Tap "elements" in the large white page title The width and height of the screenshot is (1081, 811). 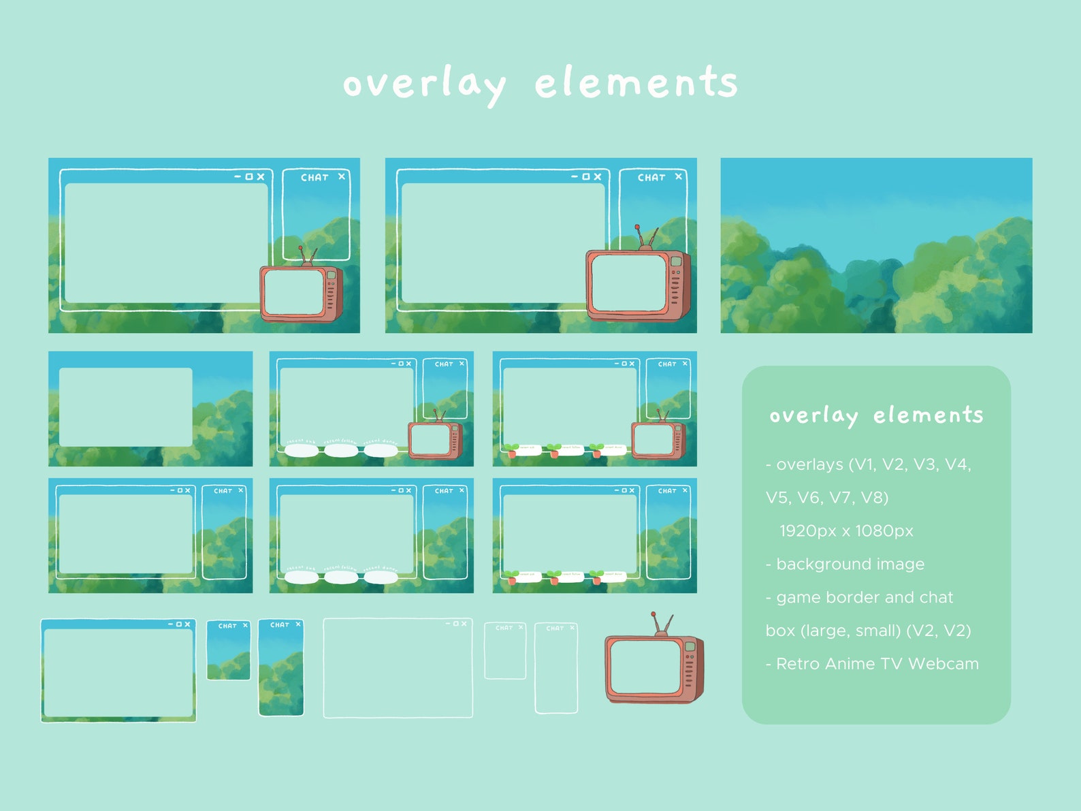pos(636,83)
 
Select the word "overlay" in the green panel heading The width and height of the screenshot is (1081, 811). pos(813,415)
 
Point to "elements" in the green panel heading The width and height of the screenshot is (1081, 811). pos(928,415)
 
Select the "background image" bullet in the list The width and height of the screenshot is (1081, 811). pos(850,564)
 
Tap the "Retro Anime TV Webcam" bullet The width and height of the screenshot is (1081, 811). pos(877,664)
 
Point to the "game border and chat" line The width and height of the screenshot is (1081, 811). pos(865,597)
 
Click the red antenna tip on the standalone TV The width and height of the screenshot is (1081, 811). pos(653,614)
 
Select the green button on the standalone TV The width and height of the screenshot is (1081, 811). pos(690,646)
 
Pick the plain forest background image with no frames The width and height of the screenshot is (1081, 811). pos(876,245)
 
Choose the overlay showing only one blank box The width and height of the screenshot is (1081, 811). pos(150,409)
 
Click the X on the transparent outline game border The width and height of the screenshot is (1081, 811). pos(464,624)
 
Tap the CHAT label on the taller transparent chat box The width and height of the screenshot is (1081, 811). pos(554,629)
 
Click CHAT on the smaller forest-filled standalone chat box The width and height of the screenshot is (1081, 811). pos(227,626)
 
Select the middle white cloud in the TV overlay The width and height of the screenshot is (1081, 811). pos(340,449)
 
